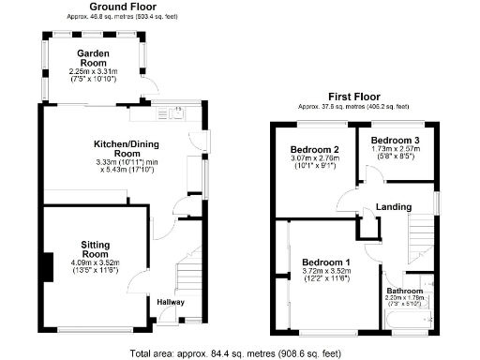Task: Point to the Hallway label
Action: (x=170, y=302)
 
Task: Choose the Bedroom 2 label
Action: (x=313, y=150)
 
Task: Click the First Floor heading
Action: (x=353, y=97)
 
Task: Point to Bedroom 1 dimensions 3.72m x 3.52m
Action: (x=320, y=277)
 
